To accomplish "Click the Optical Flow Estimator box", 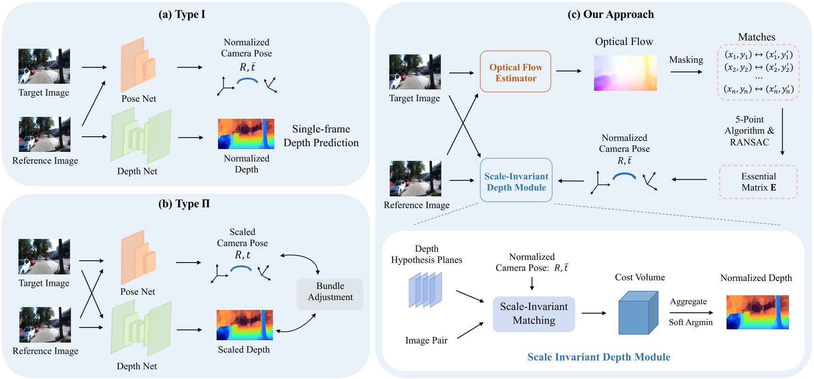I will tap(516, 72).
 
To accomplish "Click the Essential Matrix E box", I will tap(758, 182).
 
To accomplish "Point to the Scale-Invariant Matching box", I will tap(534, 314).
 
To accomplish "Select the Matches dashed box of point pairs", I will tap(758, 72).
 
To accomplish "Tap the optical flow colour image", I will tap(625, 73).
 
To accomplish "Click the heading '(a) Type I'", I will tap(182, 14).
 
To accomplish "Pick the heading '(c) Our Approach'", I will tap(611, 14).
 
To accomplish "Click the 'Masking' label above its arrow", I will tap(686, 60).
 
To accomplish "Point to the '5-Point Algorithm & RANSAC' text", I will tap(749, 131).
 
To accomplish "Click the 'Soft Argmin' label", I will tap(691, 322).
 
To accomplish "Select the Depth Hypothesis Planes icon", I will tap(425, 290).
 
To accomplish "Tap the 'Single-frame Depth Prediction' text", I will tap(321, 136).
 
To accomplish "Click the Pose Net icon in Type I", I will tap(138, 65).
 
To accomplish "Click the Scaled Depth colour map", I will tap(245, 325).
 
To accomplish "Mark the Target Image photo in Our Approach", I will tap(415, 72).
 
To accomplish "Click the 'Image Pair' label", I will tap(426, 340).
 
